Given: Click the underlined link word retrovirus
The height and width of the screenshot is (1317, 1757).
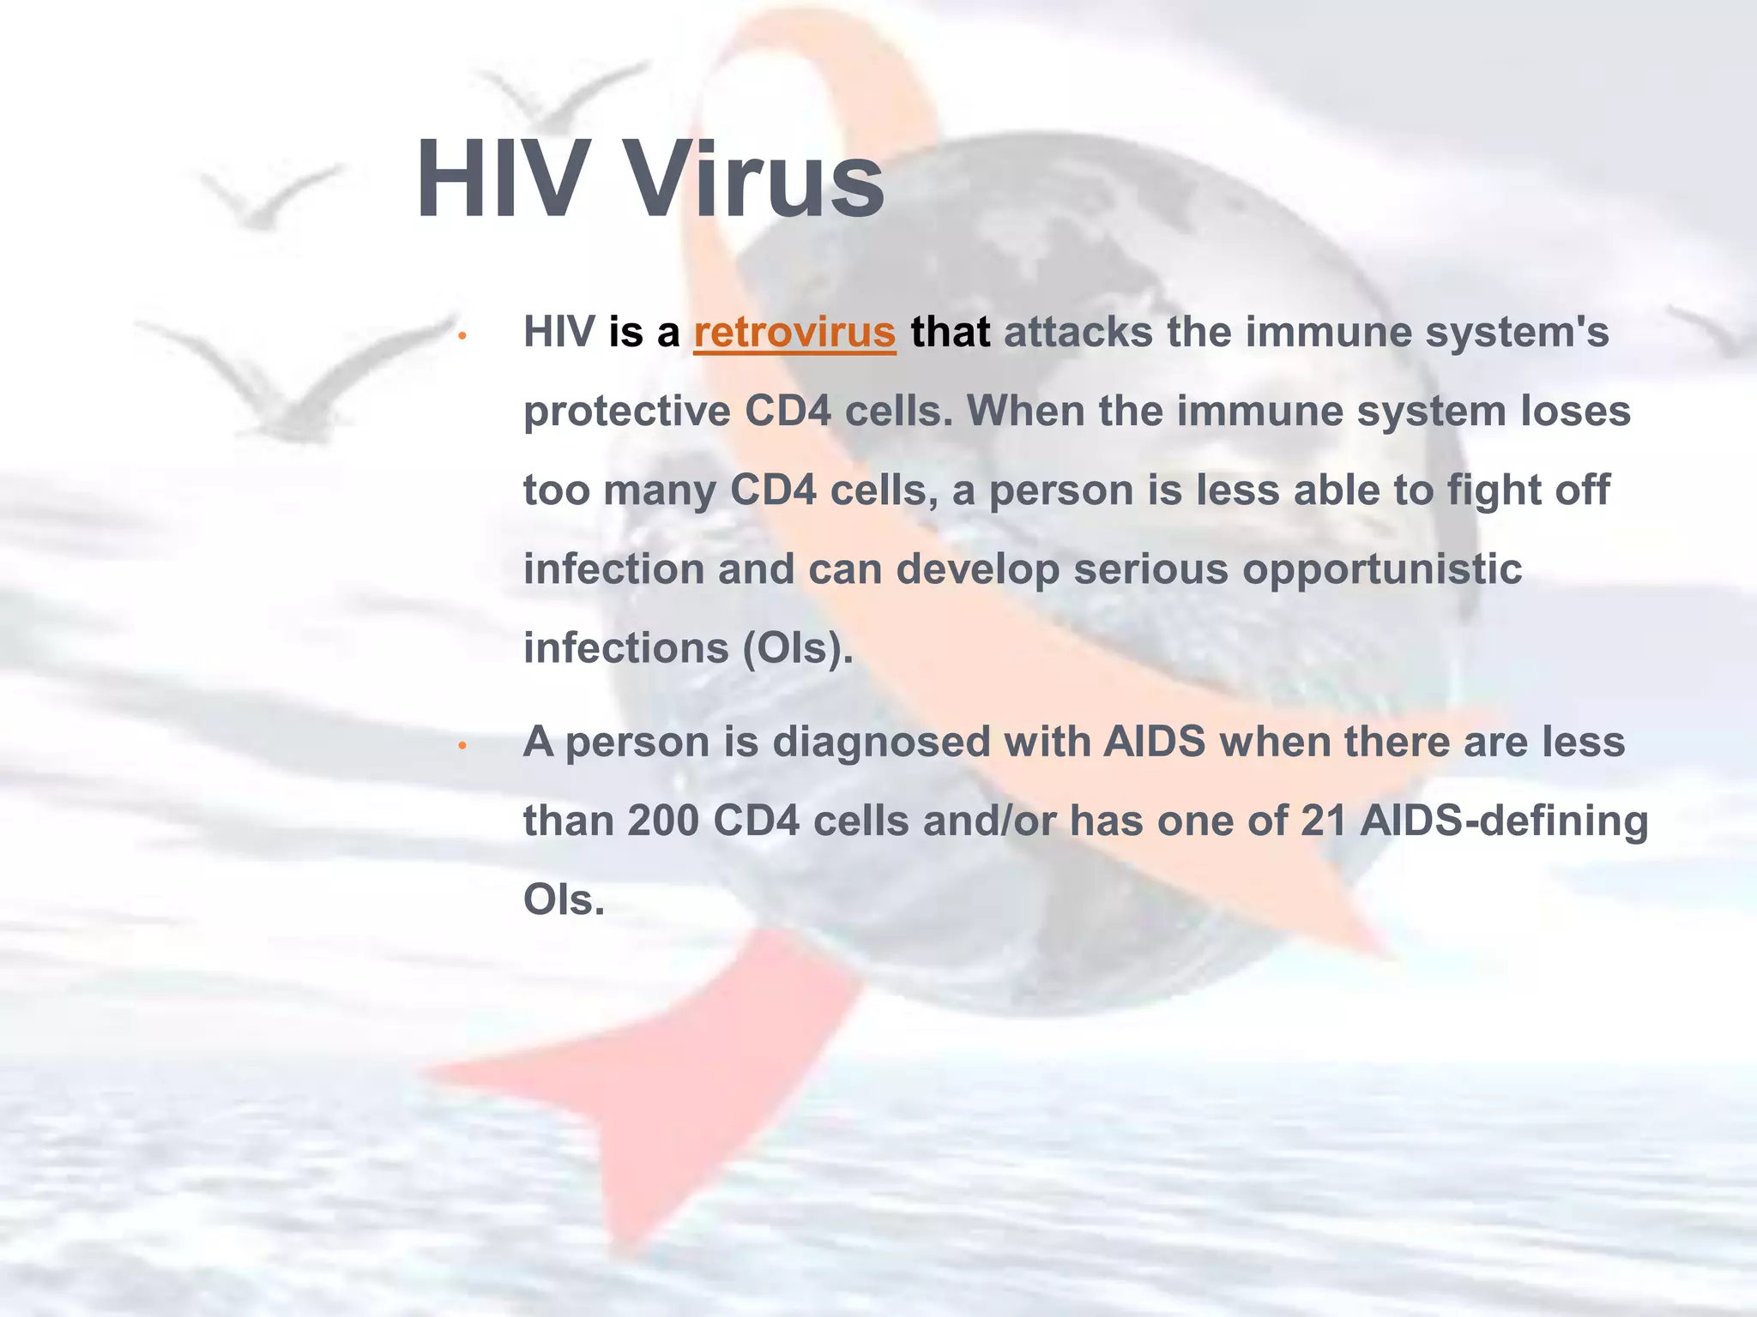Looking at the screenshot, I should (794, 333).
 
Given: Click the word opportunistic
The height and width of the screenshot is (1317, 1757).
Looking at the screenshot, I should (1382, 569).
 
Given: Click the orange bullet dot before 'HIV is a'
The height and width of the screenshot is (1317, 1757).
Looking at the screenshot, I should (461, 335).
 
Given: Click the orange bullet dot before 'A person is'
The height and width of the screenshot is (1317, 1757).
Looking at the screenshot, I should (461, 746).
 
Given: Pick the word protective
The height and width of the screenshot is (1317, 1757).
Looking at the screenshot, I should (626, 412).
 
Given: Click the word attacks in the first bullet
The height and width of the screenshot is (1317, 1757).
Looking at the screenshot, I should (1078, 333).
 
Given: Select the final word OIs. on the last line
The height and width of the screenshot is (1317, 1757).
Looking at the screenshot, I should (564, 900).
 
